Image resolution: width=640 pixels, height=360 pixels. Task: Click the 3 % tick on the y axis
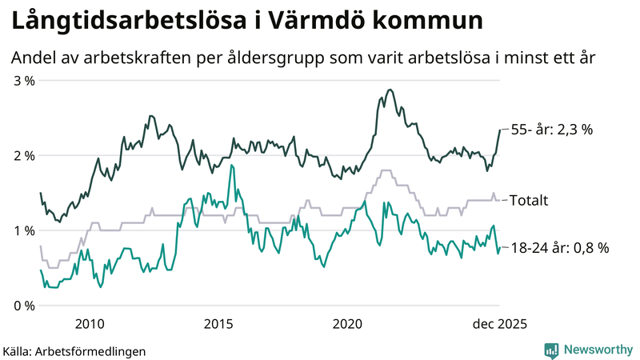(x=23, y=81)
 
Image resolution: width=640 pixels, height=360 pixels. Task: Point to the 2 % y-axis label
(x=23, y=156)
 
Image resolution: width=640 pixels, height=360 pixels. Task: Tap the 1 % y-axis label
(x=23, y=230)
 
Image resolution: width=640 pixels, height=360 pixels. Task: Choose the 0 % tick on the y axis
(x=23, y=306)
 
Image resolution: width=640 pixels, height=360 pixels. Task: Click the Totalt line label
(x=528, y=200)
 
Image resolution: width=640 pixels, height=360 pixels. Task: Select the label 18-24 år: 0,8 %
(x=559, y=248)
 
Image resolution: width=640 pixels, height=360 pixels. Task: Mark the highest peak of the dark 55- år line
(x=389, y=90)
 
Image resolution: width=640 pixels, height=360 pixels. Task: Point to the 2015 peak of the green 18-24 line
(x=231, y=166)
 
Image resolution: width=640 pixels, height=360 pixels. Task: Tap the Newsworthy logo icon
(x=551, y=350)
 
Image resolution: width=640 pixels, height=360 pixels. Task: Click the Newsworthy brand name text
(x=597, y=350)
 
